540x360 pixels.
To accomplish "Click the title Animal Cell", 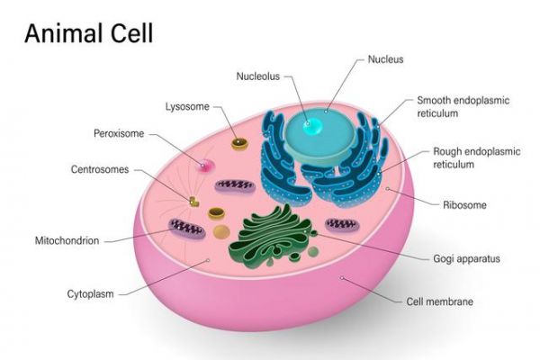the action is [x=89, y=33].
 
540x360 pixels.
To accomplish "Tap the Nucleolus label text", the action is [x=258, y=76].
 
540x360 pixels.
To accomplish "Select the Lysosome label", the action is [x=187, y=106].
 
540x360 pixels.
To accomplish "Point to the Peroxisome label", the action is [x=119, y=133].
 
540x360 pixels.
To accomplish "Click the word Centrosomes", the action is [x=100, y=169].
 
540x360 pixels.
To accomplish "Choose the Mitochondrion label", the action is [x=67, y=240].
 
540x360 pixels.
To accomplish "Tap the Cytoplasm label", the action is [x=90, y=294].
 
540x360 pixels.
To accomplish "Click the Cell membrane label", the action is [x=440, y=301].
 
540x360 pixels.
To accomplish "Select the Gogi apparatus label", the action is [x=466, y=258].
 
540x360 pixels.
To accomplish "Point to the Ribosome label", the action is [x=464, y=205].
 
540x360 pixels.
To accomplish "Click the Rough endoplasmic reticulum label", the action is [x=477, y=157].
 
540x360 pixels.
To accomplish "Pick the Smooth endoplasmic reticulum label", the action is [x=463, y=107].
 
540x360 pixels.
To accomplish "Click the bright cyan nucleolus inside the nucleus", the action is [x=312, y=126].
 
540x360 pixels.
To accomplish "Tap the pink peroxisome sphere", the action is [x=204, y=166].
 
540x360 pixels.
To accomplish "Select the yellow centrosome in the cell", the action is [x=193, y=202].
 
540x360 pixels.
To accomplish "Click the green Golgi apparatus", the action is [x=272, y=237].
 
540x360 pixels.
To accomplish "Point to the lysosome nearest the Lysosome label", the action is [x=239, y=144].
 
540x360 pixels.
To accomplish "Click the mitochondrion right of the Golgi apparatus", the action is [x=342, y=225].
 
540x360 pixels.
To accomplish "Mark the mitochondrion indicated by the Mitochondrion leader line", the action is [x=186, y=228].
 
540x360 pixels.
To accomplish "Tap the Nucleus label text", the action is [x=385, y=59].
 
